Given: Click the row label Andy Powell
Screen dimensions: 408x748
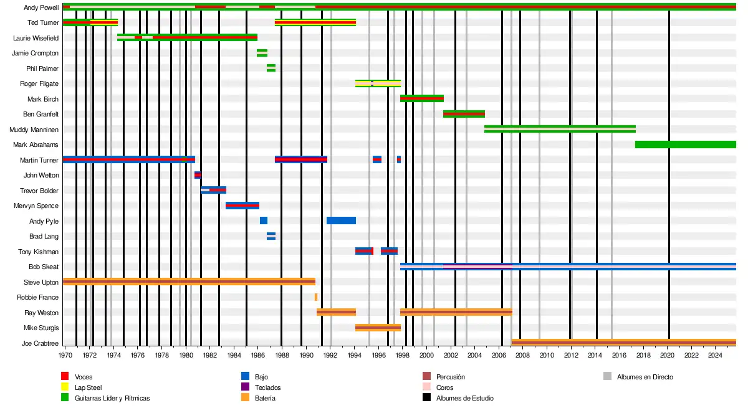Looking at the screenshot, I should (41, 7).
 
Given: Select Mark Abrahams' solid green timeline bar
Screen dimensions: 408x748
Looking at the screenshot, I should (685, 145).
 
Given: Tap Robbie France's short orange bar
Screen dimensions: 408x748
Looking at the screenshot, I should (316, 297).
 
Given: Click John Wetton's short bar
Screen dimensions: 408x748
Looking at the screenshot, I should (198, 175).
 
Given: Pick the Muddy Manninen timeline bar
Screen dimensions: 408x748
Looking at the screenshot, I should (560, 129).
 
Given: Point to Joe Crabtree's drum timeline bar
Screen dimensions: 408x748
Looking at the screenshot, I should (623, 343).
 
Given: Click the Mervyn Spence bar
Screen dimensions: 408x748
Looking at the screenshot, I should (242, 206).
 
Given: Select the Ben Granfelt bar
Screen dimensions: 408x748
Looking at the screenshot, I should (464, 114).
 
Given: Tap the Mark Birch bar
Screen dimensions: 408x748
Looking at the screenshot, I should (421, 98).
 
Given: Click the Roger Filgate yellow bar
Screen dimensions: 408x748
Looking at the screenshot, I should (378, 83).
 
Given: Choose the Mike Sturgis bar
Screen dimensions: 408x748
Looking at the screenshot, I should (378, 328).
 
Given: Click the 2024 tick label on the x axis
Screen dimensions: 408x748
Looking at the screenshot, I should (716, 356).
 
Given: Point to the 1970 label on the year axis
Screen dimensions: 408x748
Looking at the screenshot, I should (65, 356).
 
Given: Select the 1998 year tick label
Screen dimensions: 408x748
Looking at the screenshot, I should (403, 356).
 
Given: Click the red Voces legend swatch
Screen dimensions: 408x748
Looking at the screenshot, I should (64, 377).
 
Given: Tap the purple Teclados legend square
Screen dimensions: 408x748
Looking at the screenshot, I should (244, 387).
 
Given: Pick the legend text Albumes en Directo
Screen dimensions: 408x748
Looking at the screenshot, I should (645, 377).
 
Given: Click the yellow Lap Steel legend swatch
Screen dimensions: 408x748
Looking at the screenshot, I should (64, 387).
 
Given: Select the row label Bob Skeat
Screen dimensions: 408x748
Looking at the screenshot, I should (44, 267).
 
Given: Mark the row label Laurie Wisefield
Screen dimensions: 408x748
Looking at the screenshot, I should (36, 38).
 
